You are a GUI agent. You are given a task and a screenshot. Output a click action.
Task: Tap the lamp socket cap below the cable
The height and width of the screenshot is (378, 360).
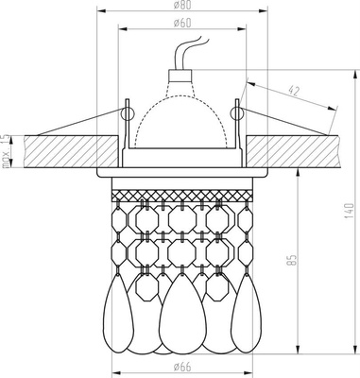tap(180, 81)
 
